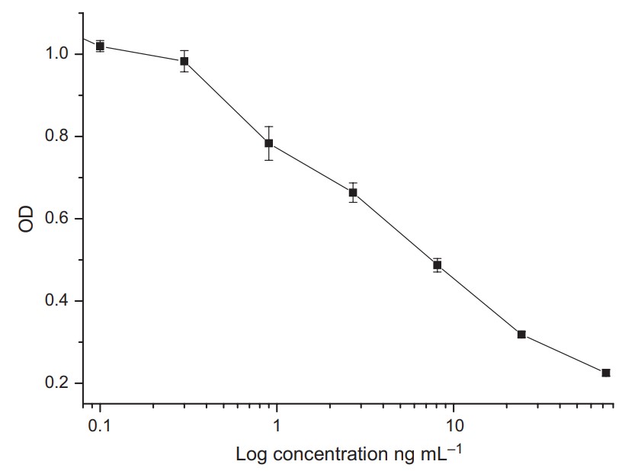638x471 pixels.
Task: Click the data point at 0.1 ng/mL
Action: (x=100, y=46)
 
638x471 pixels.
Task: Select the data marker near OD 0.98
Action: (x=184, y=61)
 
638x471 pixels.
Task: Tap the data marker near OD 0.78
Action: (x=268, y=143)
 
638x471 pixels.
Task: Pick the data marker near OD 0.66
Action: (x=353, y=192)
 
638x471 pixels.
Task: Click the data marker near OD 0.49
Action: (x=438, y=264)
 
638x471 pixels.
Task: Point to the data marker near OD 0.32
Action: (x=521, y=335)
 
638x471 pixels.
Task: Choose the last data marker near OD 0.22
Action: (x=606, y=373)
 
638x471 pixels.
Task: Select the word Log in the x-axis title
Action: (x=250, y=455)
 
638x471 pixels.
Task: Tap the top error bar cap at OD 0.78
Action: (x=268, y=127)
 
